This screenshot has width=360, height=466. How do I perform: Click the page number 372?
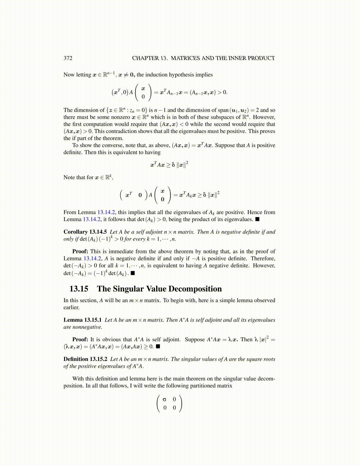point(68,58)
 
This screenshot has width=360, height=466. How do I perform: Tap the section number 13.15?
point(79,289)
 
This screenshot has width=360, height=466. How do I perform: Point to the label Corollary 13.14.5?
point(85,232)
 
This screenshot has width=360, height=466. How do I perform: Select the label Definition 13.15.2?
point(85,359)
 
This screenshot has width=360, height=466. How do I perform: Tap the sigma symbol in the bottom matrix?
point(164,399)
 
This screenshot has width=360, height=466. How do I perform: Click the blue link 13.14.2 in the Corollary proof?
point(93,258)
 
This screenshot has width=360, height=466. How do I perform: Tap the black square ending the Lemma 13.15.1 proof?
point(158,346)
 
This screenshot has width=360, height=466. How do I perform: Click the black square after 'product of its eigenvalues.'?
point(257,219)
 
